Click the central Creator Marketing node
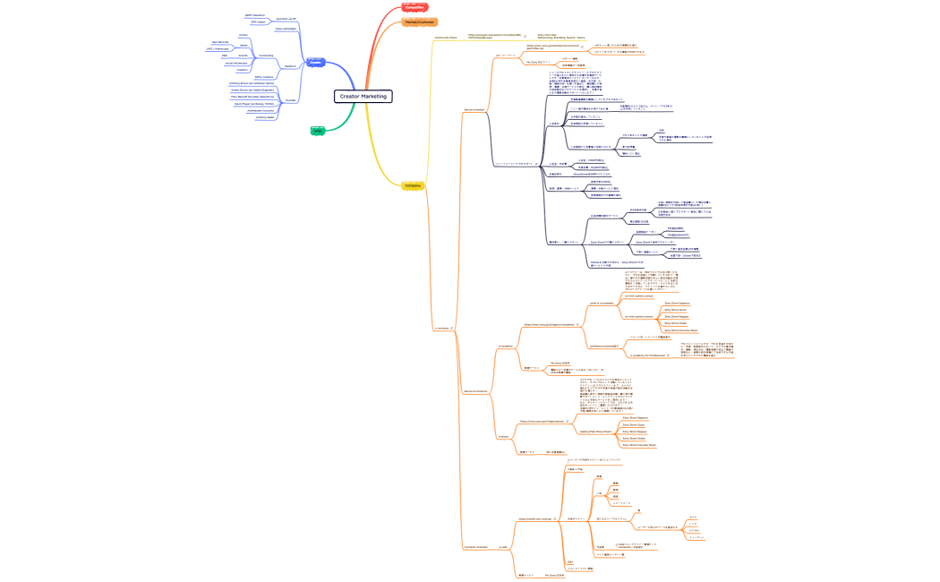[363, 96]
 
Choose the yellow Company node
[413, 185]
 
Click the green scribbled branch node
[317, 131]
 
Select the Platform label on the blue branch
[290, 66]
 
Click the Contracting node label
[266, 56]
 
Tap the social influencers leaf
[236, 64]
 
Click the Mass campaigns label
[284, 28]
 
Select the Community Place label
[446, 38]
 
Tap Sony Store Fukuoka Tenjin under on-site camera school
[681, 330]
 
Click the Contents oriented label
[475, 547]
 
